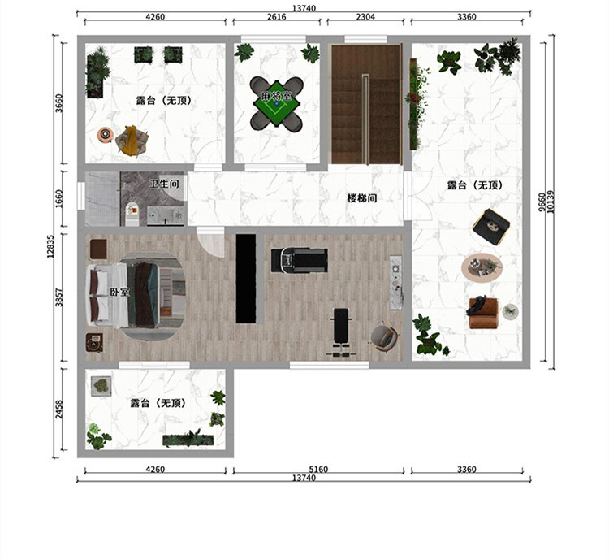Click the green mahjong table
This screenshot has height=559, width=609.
277,103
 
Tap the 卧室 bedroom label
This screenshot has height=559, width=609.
119,292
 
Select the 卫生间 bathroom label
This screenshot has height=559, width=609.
164,183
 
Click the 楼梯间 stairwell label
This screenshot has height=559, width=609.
362,198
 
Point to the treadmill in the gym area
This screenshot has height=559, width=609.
299,260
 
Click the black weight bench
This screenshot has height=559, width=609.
342,331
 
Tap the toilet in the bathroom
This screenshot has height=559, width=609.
132,212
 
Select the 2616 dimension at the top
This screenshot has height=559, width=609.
277,17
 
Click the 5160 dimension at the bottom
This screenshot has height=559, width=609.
318,469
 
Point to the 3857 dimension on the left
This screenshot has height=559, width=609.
58,297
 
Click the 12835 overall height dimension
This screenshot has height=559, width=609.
50,246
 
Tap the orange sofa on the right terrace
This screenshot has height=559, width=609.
483,313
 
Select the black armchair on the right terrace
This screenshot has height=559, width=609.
491,227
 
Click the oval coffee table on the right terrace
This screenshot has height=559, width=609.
482,268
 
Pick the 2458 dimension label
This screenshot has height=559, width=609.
58,409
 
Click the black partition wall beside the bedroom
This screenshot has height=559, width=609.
246,279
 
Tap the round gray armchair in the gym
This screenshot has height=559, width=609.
384,336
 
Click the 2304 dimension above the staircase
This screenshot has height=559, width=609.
365,17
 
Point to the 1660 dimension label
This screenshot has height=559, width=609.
58,198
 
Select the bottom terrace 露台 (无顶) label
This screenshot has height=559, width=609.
158,403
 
